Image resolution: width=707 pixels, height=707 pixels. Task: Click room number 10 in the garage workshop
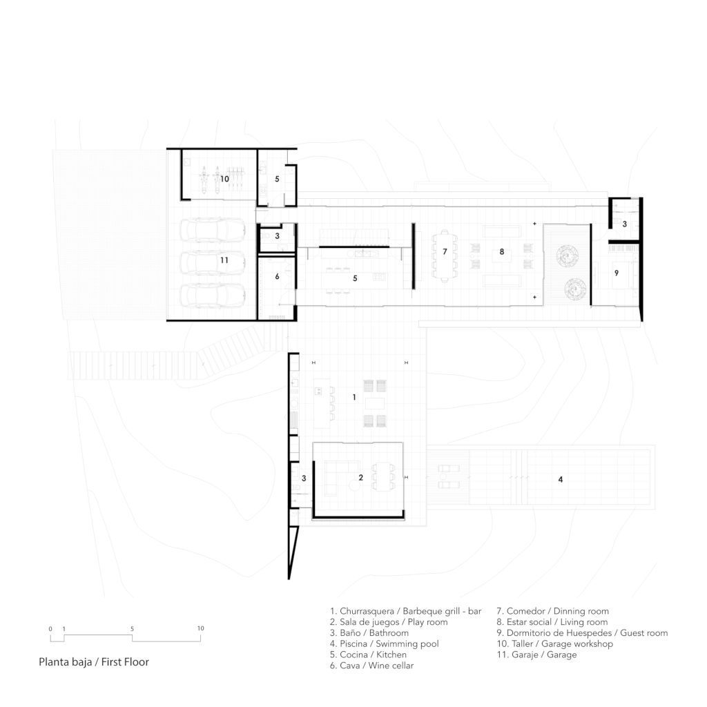pos(224,179)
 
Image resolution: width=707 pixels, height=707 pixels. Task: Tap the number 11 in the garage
pos(224,260)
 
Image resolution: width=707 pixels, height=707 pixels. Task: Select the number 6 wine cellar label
pos(278,276)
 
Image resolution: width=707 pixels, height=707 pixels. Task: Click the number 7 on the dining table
pos(445,251)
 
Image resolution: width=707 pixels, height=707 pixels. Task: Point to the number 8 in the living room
pos(502,251)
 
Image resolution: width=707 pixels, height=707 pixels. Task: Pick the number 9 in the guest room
pos(617,273)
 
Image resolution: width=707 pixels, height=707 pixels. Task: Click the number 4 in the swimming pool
pos(561,480)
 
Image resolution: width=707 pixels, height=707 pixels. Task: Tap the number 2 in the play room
pos(360,478)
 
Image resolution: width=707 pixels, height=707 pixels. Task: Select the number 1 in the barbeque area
pos(354,397)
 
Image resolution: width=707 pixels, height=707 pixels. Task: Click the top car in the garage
pos(213,231)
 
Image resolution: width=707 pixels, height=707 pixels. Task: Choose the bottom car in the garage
pos(213,296)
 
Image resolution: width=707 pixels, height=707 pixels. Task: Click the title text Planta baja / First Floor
pos(94,662)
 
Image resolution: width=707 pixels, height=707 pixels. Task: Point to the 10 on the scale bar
pos(201,628)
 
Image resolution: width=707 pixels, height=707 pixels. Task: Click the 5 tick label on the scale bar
pos(132,628)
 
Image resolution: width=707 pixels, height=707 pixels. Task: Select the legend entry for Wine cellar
pos(371,666)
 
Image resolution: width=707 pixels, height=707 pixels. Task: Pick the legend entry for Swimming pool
pos(384,644)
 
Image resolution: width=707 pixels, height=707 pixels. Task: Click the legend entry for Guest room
pos(582,633)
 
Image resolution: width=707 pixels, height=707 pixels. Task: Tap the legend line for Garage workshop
pos(554,644)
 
